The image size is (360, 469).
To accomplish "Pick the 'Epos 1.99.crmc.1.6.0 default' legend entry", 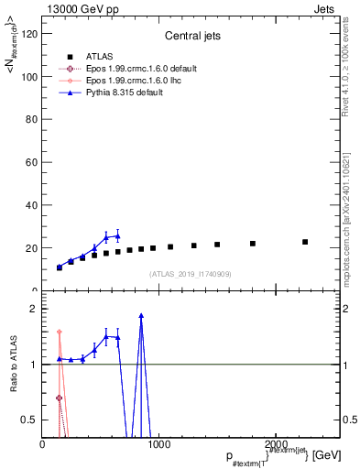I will tap(134, 68).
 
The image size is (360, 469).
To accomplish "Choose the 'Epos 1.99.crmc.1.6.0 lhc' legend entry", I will tap(126, 81).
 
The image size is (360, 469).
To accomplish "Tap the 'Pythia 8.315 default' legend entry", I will tap(117, 93).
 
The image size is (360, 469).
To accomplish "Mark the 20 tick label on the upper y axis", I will tap(32, 248).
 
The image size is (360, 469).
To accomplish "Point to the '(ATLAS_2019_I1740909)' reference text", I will tap(190, 274).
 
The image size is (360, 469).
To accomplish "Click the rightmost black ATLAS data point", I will tap(305, 242).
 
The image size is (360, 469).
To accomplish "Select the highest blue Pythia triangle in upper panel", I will tap(117, 236).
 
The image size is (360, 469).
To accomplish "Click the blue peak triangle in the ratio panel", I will tap(141, 316).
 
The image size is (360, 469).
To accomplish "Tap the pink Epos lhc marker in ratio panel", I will tap(60, 332).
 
